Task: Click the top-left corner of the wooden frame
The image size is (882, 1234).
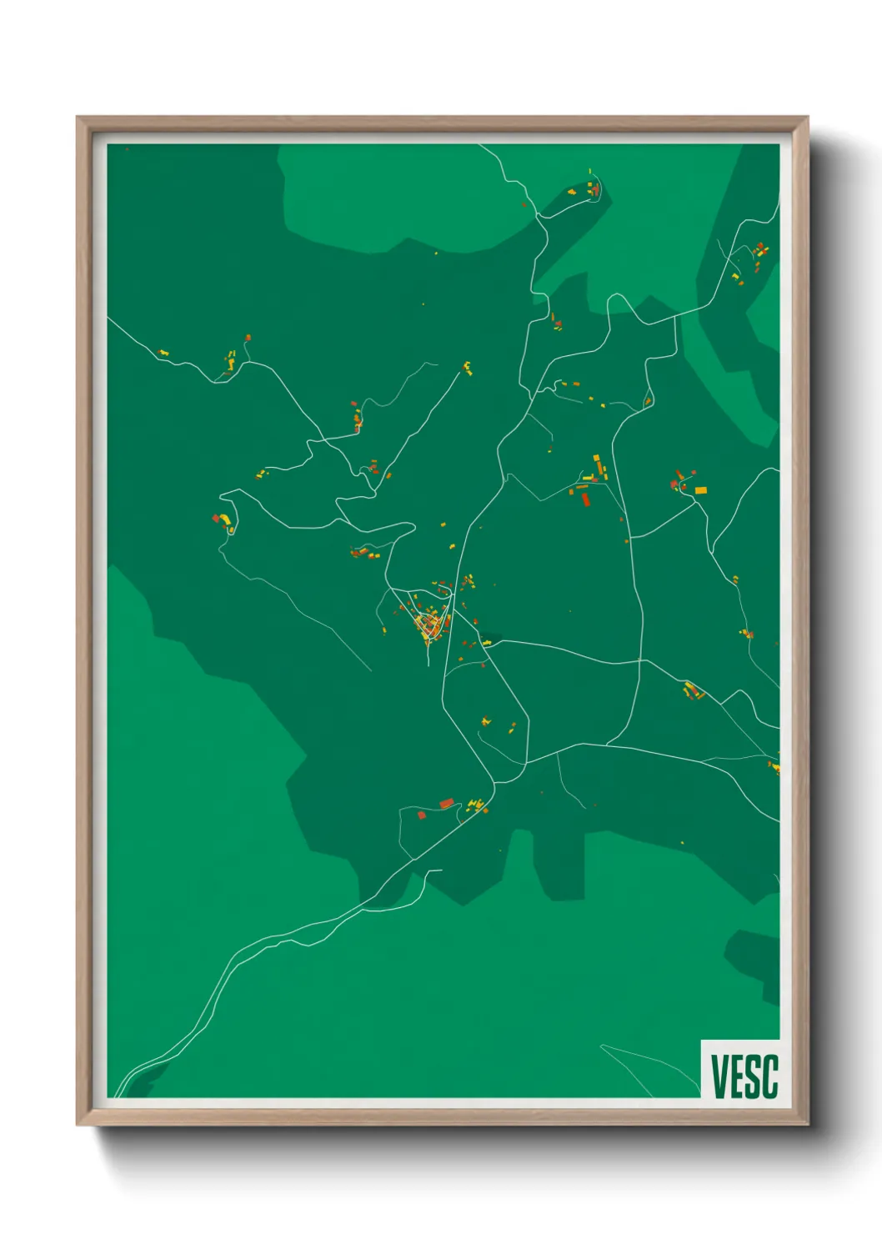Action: click(78, 118)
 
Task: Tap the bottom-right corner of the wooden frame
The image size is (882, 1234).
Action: click(807, 1124)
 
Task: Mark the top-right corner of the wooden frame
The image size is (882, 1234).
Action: click(807, 118)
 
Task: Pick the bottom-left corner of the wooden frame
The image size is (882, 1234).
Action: click(78, 1124)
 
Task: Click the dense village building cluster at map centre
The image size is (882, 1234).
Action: click(429, 624)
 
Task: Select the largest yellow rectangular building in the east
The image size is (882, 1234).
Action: click(700, 489)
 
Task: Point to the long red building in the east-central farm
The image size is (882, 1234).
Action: click(584, 499)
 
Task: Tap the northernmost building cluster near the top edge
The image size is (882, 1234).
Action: click(592, 188)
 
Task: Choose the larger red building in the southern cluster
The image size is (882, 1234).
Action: click(447, 803)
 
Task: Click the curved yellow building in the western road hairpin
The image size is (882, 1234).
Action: click(224, 519)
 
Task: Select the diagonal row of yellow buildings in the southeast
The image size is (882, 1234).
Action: click(693, 690)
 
